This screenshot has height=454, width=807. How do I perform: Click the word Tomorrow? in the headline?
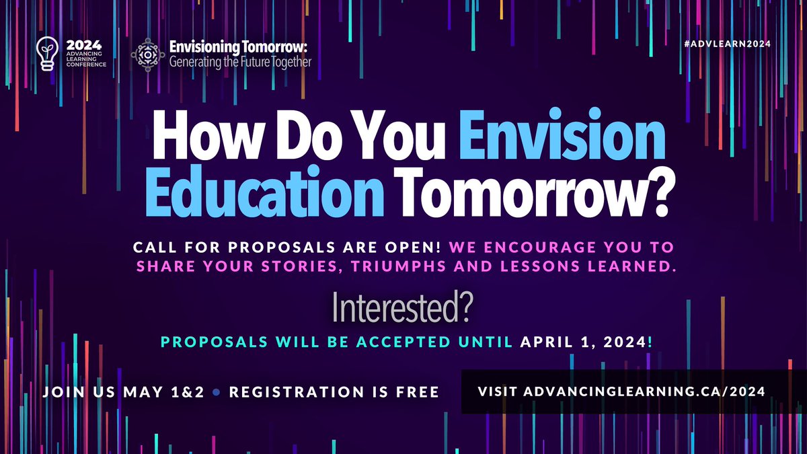point(533,195)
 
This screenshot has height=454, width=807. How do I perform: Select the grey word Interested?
point(403,307)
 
